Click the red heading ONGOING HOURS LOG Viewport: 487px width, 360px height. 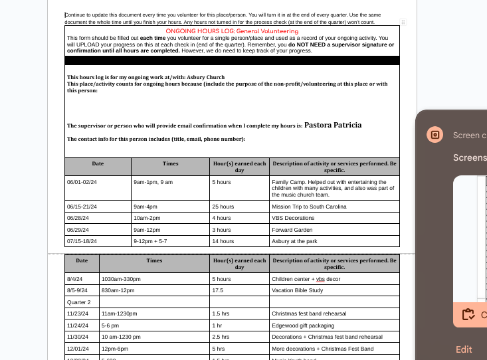(232, 31)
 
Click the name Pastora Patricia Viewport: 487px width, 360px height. (333, 125)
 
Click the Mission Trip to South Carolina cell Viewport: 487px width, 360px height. (309, 207)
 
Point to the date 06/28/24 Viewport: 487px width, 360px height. (82, 218)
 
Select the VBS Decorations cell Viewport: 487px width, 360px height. (292, 218)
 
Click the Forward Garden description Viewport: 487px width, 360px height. (291, 230)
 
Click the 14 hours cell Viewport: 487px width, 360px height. (223, 241)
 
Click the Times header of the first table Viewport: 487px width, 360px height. (170, 163)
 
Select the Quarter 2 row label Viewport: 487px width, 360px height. (78, 302)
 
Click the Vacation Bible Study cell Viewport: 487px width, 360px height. (298, 290)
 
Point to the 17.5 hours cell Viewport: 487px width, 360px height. (218, 290)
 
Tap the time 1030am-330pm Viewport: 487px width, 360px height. (120, 279)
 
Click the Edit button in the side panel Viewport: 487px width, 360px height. (464, 349)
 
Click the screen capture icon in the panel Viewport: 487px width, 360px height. (435, 135)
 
